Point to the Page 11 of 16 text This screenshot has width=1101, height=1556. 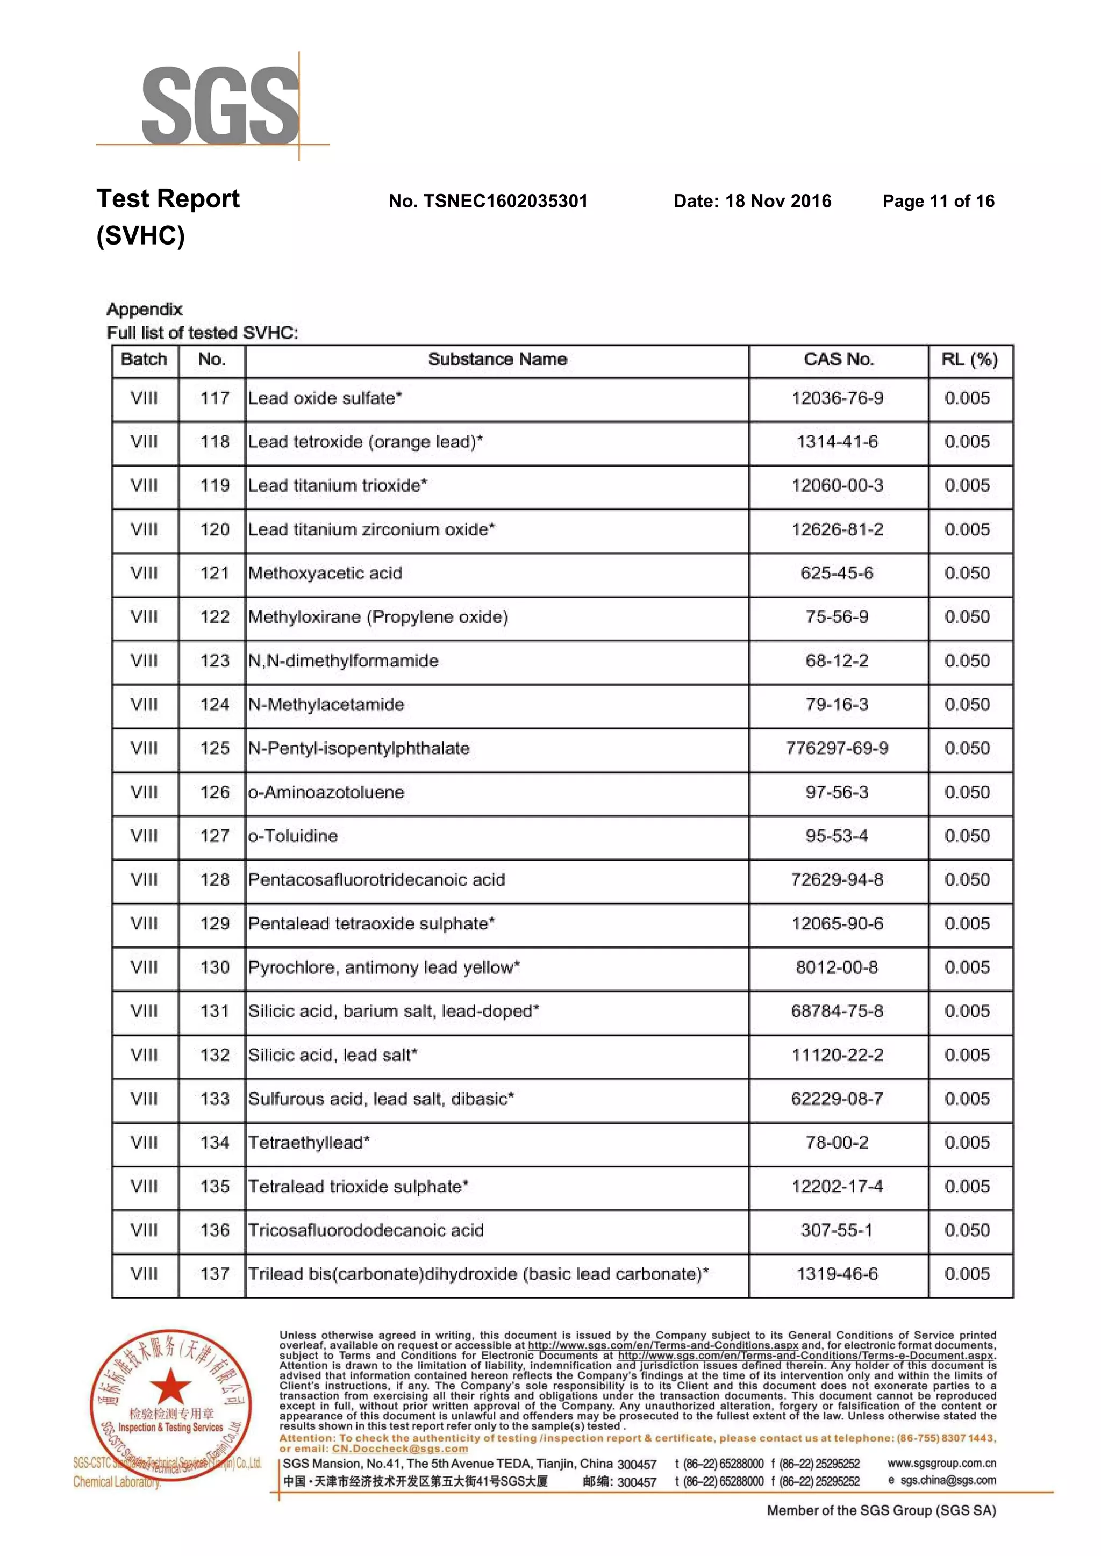point(938,201)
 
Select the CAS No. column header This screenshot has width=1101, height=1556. point(839,360)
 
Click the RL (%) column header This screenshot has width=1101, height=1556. point(969,360)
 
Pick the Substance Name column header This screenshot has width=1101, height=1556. point(497,360)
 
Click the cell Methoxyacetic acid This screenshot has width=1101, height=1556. point(325,573)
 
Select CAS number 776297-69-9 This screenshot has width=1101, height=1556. point(837,748)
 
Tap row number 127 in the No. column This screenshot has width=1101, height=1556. point(215,836)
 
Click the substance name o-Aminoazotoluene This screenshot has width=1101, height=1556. point(326,792)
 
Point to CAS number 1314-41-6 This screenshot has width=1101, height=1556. point(837,442)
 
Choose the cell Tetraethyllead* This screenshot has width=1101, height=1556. point(309,1143)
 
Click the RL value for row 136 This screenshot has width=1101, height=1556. point(968,1230)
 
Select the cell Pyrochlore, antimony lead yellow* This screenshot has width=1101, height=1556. point(384,968)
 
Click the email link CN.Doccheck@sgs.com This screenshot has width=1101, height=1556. point(399,1449)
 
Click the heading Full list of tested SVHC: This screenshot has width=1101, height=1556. point(202,333)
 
